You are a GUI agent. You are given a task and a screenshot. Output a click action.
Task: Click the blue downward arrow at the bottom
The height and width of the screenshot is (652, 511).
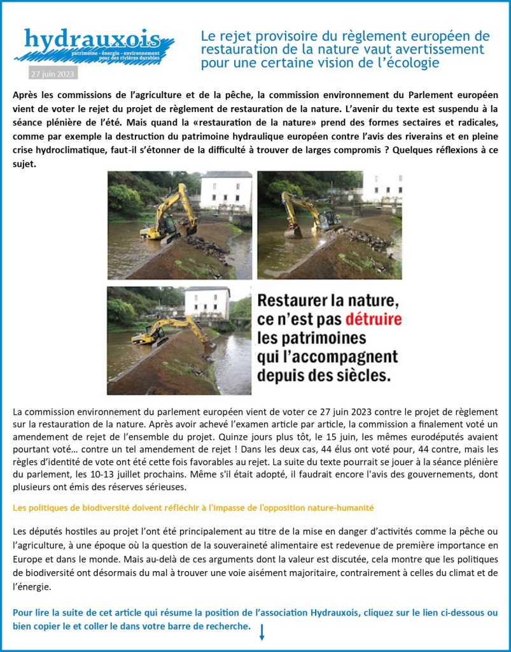click(261, 632)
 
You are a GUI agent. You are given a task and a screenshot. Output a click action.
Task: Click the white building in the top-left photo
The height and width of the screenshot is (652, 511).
click(225, 191)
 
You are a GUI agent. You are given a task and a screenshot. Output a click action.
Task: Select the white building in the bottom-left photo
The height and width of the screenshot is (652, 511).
click(207, 302)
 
